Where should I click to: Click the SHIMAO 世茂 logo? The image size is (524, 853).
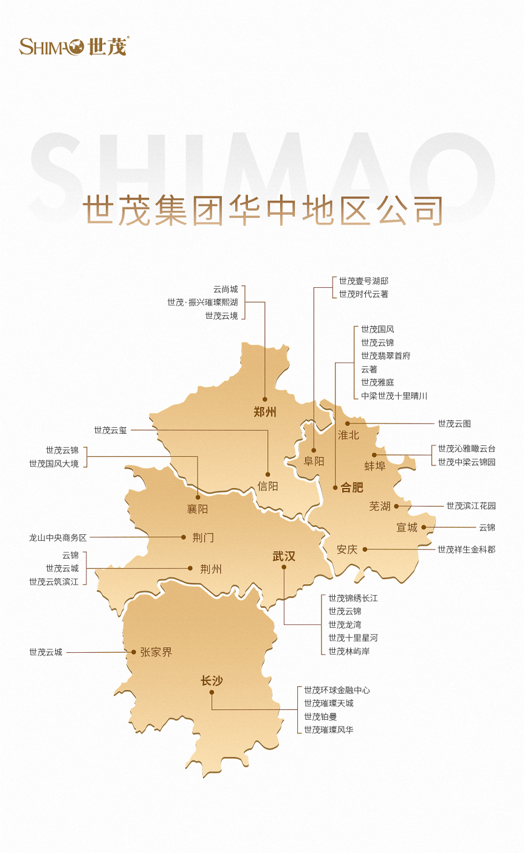click(x=74, y=46)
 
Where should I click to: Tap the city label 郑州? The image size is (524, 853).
click(x=265, y=412)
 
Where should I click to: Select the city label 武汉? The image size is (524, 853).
click(x=284, y=555)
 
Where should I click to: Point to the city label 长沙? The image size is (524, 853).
click(x=212, y=680)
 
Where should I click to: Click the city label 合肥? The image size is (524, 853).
click(x=351, y=487)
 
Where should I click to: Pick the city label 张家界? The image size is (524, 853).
click(x=156, y=652)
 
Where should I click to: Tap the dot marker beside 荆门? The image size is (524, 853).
click(x=184, y=537)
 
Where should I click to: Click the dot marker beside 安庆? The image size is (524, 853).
click(x=365, y=549)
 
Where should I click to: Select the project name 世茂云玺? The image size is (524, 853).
click(x=111, y=430)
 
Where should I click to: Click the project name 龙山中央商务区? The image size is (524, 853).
click(x=58, y=538)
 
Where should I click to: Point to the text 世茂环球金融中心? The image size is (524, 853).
click(x=337, y=690)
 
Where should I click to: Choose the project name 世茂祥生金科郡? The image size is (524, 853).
click(x=466, y=549)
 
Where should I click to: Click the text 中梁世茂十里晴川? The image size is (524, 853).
click(x=394, y=395)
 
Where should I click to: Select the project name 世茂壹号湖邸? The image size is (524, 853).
click(x=364, y=281)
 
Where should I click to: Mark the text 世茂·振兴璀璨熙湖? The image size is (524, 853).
click(x=203, y=302)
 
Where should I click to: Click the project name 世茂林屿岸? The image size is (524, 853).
click(x=349, y=651)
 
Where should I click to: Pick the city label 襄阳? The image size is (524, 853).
click(x=198, y=509)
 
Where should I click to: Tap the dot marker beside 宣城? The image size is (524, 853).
click(x=424, y=527)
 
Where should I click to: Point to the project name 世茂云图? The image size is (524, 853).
click(x=454, y=423)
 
